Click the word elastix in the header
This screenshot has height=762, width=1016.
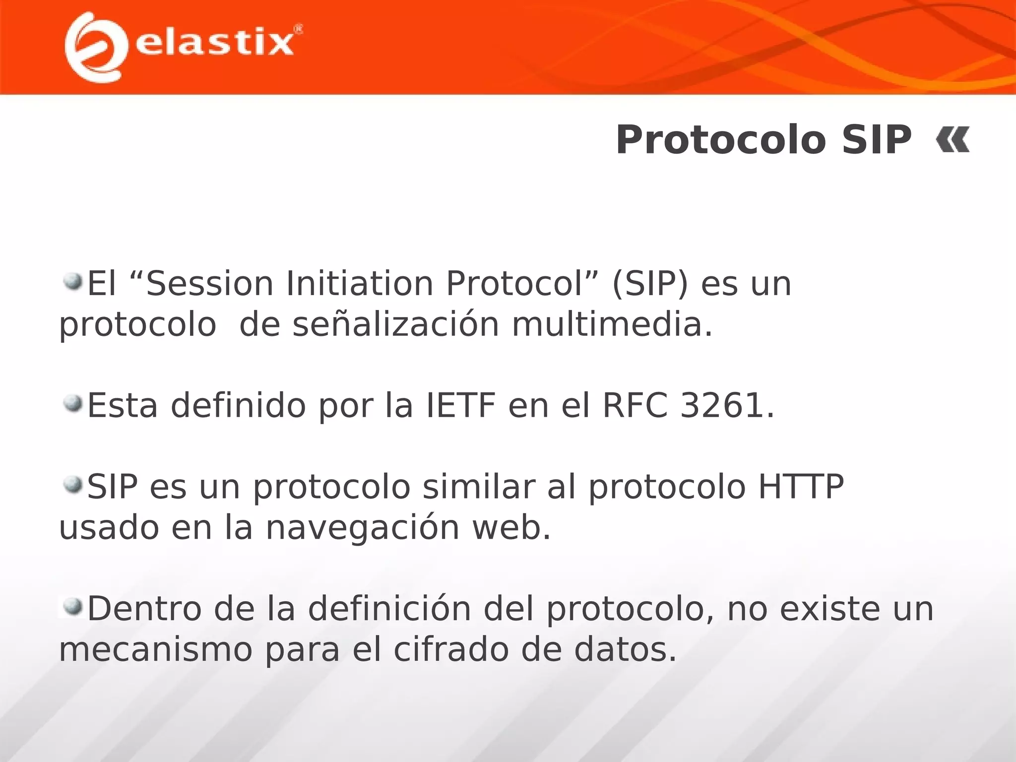(x=214, y=43)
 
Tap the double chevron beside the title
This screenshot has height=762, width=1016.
(x=952, y=140)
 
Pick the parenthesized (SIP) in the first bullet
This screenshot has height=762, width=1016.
(x=650, y=284)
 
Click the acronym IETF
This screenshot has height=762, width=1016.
(x=461, y=405)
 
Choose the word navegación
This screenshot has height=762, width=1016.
(x=362, y=528)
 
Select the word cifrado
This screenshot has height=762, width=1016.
(x=451, y=650)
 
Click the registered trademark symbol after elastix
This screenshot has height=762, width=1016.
(x=298, y=30)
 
